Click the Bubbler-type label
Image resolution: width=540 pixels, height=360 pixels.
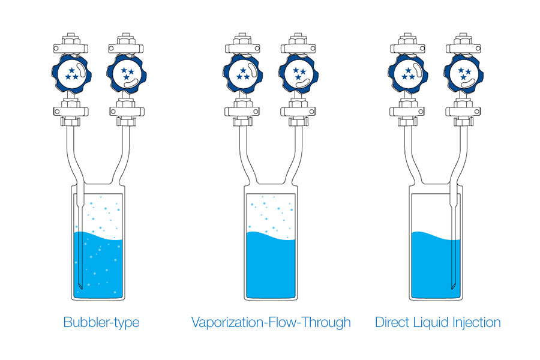[x=101, y=322]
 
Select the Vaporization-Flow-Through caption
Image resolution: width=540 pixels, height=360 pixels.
[x=271, y=322]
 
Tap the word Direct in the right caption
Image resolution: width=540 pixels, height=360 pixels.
[x=392, y=322]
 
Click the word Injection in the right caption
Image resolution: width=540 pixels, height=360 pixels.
[x=475, y=322]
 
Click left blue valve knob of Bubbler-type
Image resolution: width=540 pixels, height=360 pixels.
[x=71, y=73]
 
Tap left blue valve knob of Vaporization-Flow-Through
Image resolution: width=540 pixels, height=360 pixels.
[x=242, y=73]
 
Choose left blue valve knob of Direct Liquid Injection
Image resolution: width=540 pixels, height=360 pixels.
[x=409, y=73]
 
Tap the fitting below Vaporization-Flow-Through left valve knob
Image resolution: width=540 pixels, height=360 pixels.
[x=242, y=110]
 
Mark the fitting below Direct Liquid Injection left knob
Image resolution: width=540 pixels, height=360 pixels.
[x=409, y=110]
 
